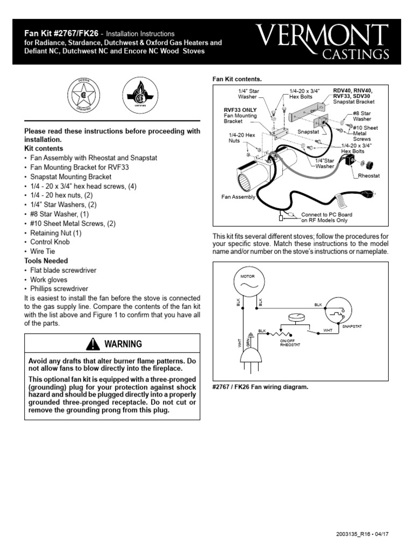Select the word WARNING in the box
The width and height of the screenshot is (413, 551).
coord(123,344)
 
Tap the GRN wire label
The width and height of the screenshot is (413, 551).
coord(248,342)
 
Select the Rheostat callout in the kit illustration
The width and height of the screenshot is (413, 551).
coord(369,176)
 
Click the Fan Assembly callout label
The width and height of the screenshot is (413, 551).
coord(239,197)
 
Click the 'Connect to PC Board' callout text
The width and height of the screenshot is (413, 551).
coord(326,217)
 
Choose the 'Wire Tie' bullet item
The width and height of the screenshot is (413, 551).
coord(43,251)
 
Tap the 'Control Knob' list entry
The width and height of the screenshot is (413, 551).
coord(49,242)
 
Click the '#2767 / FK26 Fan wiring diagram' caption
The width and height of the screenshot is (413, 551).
coord(260,387)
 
